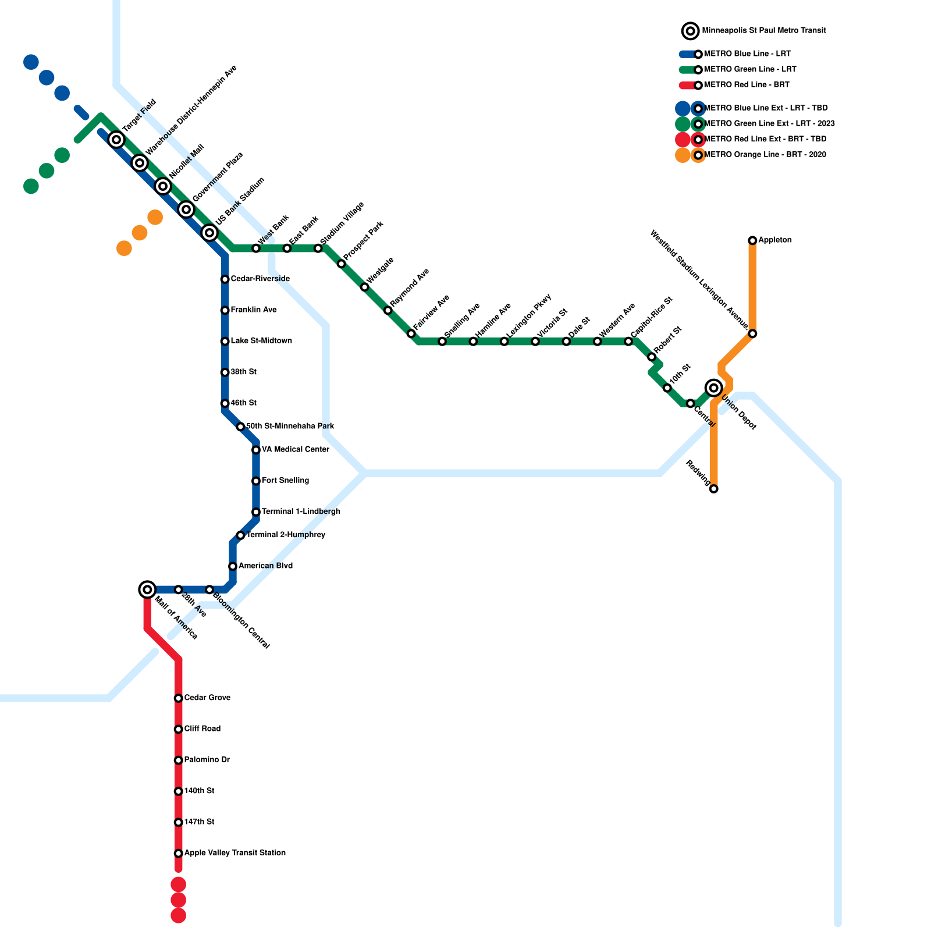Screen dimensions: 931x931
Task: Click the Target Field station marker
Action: [116, 140]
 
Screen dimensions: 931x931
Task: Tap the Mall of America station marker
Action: [148, 589]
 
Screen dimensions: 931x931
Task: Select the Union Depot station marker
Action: [713, 388]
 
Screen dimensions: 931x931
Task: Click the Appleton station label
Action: [775, 240]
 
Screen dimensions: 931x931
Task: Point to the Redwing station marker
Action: [713, 489]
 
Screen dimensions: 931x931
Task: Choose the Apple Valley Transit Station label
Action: [234, 853]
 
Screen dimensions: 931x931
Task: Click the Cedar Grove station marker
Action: [178, 698]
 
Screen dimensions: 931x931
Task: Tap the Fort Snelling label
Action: [285, 481]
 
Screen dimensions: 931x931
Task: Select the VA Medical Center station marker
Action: [255, 450]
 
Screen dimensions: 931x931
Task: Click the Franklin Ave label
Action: [253, 310]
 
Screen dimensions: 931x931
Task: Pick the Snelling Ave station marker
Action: [442, 342]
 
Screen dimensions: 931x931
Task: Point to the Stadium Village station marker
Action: [318, 248]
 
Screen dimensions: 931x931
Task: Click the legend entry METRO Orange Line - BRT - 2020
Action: [765, 155]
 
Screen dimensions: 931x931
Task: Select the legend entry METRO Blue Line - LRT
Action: [747, 54]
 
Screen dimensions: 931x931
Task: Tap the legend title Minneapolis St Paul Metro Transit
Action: [763, 31]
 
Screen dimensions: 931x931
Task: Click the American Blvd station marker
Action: [232, 566]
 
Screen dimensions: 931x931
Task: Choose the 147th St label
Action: [199, 822]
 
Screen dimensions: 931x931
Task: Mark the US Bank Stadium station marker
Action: [209, 233]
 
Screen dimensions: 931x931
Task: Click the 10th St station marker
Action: [667, 388]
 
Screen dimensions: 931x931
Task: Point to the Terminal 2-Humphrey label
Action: [285, 535]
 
